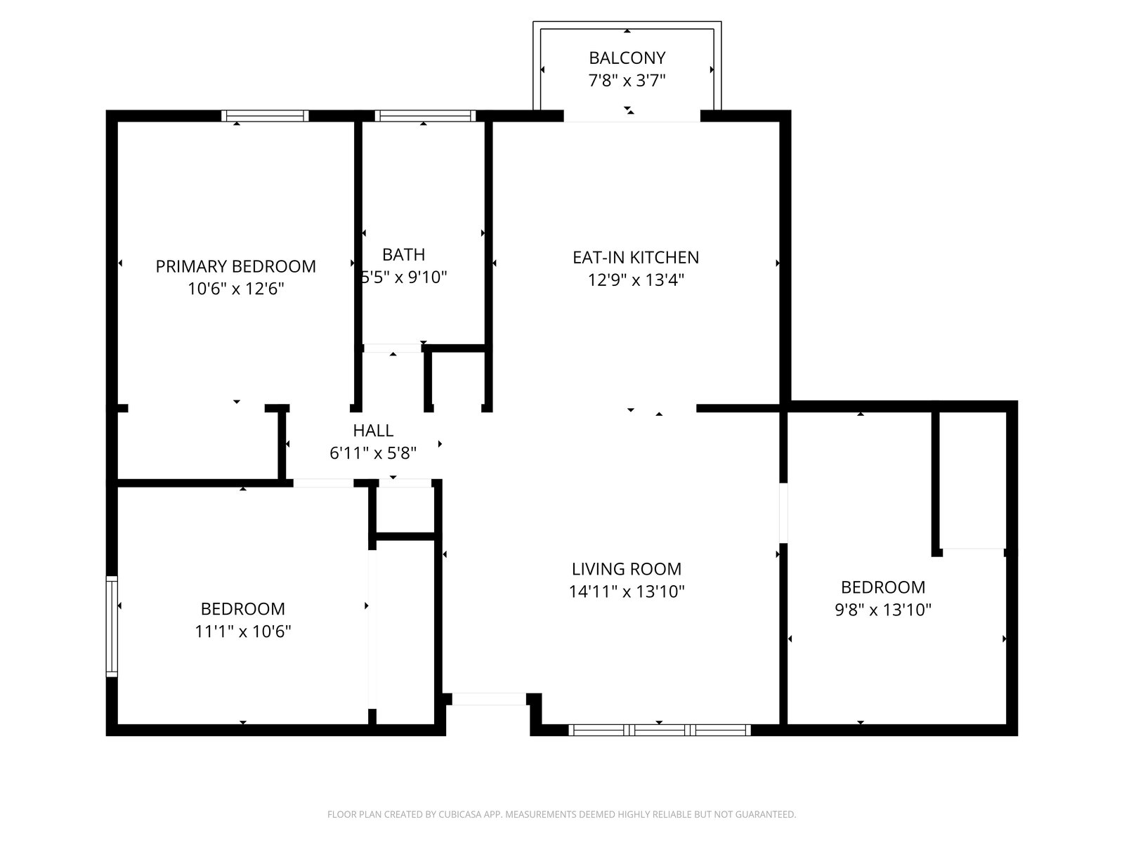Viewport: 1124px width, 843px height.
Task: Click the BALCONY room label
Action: tap(627, 58)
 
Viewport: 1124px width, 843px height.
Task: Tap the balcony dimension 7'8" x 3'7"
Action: tap(627, 81)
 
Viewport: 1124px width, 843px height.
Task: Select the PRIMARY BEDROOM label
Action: tap(235, 266)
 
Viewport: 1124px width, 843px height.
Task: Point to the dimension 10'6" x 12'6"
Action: tap(235, 289)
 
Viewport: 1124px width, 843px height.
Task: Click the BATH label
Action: tap(403, 254)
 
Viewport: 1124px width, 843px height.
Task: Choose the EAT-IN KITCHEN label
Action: tap(636, 257)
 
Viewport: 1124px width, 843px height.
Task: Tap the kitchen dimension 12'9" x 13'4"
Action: tap(636, 280)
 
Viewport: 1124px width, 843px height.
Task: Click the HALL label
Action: tap(373, 431)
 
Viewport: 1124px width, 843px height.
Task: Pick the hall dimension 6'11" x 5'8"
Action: tap(373, 453)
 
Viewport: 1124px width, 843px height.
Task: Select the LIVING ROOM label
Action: tap(626, 568)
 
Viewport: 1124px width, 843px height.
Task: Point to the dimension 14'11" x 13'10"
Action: tap(626, 592)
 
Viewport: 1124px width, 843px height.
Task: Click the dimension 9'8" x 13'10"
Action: tap(883, 610)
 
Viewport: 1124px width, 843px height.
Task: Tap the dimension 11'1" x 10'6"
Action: tap(243, 631)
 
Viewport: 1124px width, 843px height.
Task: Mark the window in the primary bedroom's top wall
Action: tap(265, 116)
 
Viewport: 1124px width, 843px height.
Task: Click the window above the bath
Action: tap(425, 116)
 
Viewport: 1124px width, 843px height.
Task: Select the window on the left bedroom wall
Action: tap(112, 627)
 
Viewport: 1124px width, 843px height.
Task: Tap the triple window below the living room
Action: tap(659, 731)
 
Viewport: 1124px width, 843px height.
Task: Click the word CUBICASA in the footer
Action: tap(459, 814)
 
